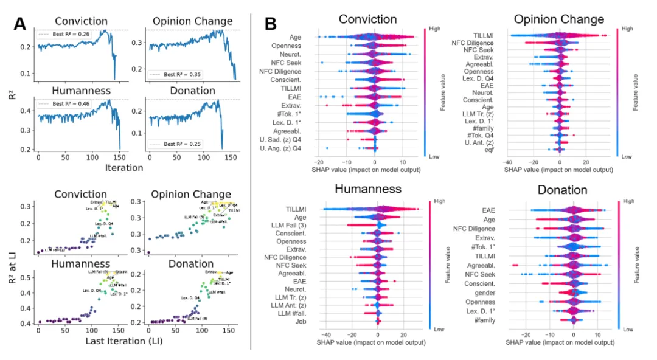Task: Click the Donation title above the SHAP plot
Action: pyautogui.click(x=562, y=190)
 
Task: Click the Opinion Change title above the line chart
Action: pyautogui.click(x=192, y=21)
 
